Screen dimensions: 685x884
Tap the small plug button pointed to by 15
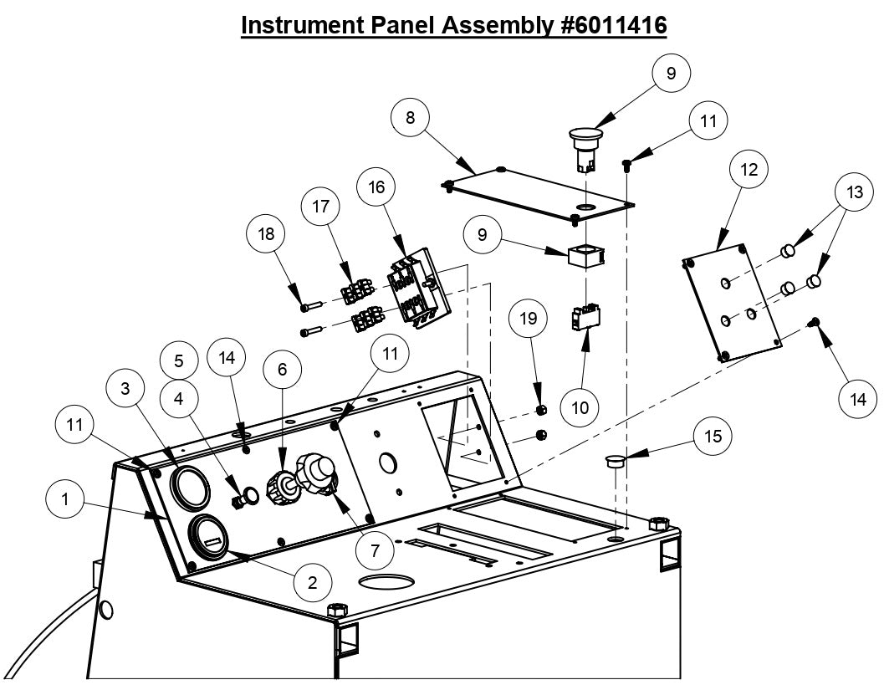(x=616, y=461)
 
